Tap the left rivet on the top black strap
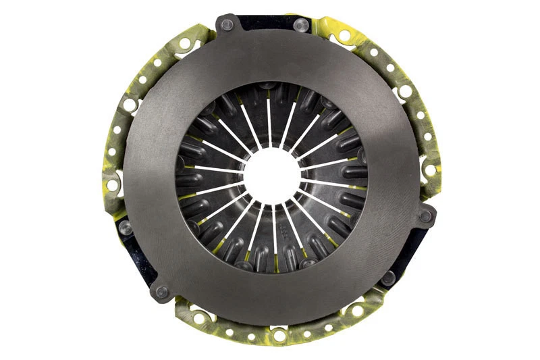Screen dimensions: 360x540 [227, 25]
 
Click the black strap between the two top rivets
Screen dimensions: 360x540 [265, 22]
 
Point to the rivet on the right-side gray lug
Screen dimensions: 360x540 [425, 217]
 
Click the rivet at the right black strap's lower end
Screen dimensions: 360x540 [388, 278]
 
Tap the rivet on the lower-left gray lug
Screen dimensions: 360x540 [161, 292]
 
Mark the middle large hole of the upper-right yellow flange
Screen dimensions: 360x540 [405, 91]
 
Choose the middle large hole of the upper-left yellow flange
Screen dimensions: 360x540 [129, 105]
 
